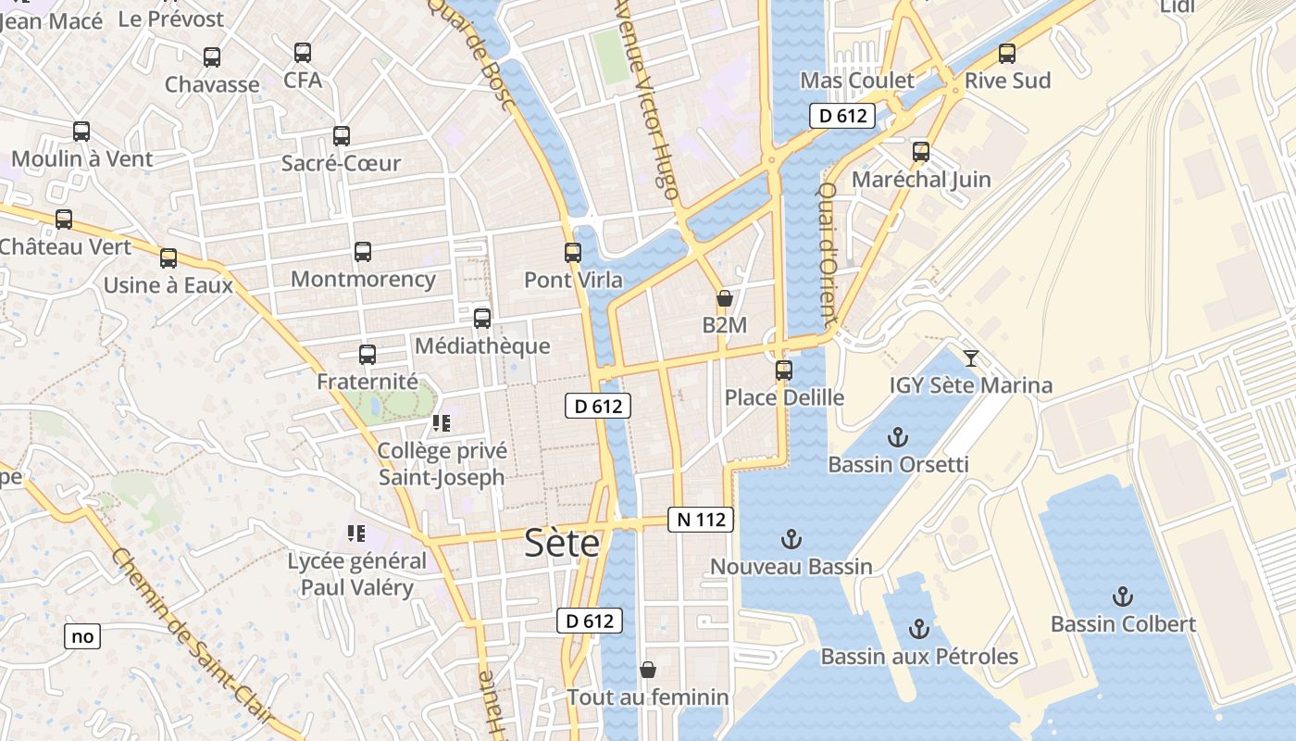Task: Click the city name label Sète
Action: click(x=562, y=543)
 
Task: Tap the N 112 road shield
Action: click(x=701, y=520)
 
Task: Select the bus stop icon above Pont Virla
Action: click(x=573, y=252)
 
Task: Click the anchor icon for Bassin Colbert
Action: click(x=1122, y=596)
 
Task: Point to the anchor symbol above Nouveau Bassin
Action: click(x=791, y=538)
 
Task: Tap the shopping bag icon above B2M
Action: click(x=724, y=298)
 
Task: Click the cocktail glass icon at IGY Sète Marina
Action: click(x=970, y=358)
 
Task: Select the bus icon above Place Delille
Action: click(x=784, y=370)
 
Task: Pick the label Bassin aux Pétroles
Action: click(x=919, y=657)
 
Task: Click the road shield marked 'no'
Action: click(x=82, y=636)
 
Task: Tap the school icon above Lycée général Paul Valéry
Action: click(x=356, y=533)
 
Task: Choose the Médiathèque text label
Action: click(x=482, y=346)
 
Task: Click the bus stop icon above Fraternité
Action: click(x=368, y=354)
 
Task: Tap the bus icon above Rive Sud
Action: click(x=1007, y=54)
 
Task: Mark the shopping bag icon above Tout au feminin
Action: click(x=648, y=669)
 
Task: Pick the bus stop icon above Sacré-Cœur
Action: click(x=342, y=136)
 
